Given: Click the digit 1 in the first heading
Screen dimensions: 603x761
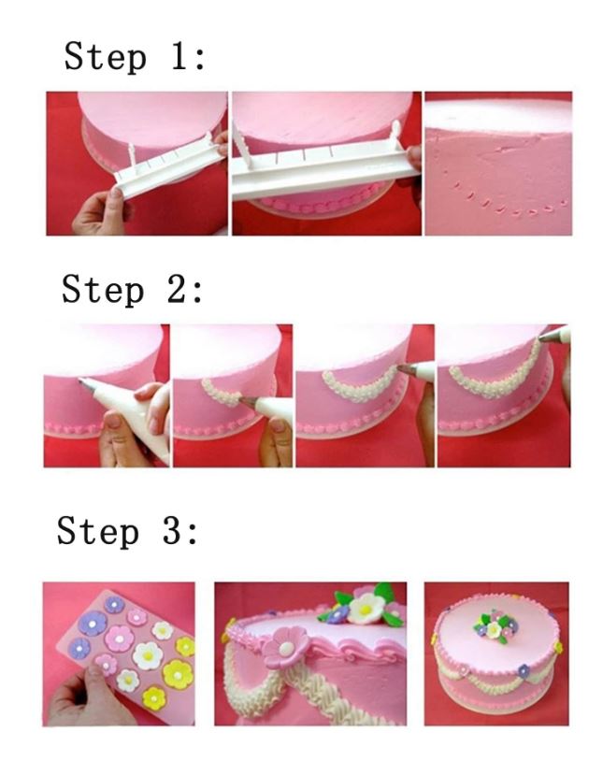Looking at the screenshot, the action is tap(179, 55).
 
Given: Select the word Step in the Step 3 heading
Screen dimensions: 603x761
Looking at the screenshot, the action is tap(98, 532).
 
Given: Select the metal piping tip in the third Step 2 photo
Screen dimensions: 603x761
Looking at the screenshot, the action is tap(406, 370).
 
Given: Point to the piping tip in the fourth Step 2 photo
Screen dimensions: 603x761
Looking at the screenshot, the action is tap(549, 336).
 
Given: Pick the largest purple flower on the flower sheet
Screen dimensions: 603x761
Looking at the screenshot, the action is tap(93, 623).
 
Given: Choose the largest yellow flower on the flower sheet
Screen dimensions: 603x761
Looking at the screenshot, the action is tap(178, 674).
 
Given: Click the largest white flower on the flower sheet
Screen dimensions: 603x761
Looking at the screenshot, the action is tap(148, 655).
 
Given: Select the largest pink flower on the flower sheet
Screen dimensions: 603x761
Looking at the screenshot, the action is tap(119, 638).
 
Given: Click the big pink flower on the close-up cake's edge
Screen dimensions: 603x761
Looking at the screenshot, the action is tap(286, 646).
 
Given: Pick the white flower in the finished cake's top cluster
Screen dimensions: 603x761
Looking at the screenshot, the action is tap(494, 629).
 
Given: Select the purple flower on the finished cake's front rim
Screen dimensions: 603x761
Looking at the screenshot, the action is tap(524, 671).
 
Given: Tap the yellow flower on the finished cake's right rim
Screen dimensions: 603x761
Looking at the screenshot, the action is tap(558, 647).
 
